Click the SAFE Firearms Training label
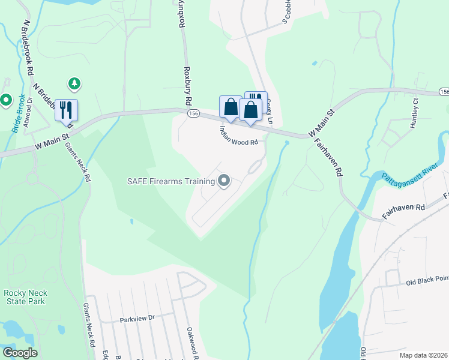[170, 182]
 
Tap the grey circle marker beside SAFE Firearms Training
[224, 180]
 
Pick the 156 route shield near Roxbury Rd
[193, 112]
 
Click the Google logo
[20, 353]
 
